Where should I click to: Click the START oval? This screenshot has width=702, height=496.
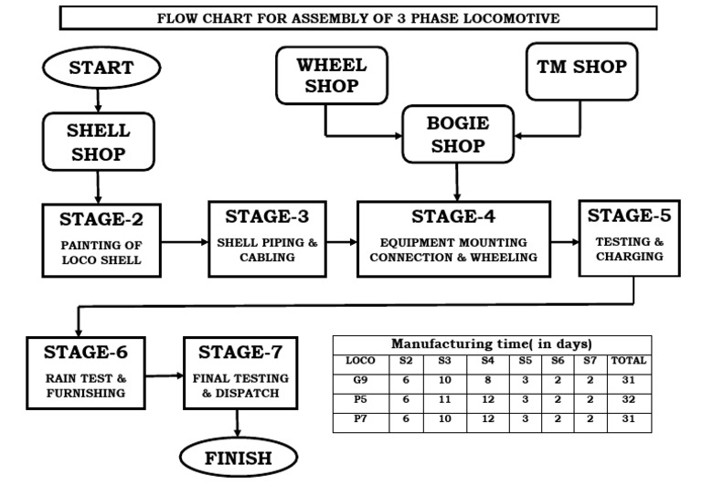tap(101, 68)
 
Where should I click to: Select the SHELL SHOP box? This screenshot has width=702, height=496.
tap(99, 142)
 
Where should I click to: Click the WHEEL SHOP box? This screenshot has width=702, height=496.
tap(331, 76)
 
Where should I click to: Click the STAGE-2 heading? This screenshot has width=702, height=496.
tap(101, 219)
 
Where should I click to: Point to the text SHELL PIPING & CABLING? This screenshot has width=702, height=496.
tap(268, 250)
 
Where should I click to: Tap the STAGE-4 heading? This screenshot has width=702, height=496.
tap(454, 217)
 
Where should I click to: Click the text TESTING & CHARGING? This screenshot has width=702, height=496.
tap(630, 249)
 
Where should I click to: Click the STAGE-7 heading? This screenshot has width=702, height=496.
tap(239, 352)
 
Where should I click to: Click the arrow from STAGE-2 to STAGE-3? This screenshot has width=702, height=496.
tap(184, 242)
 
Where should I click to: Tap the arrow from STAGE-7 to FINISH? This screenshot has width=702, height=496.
tap(239, 421)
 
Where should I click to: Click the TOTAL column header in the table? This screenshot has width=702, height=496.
tap(630, 361)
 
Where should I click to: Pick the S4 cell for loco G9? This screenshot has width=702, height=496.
tap(487, 380)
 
